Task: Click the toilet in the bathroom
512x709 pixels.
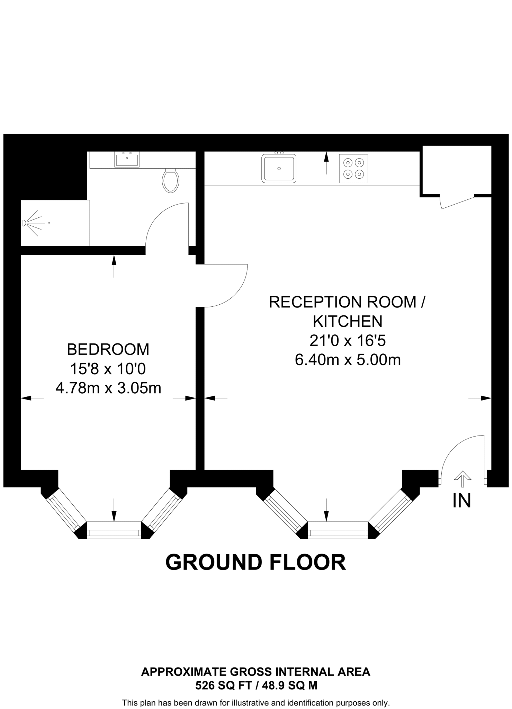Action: click(x=170, y=180)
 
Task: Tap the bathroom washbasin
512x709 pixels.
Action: click(x=127, y=160)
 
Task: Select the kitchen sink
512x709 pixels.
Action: click(x=279, y=169)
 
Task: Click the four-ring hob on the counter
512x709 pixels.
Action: click(x=353, y=168)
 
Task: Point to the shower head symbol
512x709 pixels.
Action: click(x=24, y=223)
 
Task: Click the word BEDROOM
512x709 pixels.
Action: click(x=108, y=349)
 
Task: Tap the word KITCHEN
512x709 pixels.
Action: click(x=348, y=322)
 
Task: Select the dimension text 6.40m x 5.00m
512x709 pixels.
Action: click(x=348, y=360)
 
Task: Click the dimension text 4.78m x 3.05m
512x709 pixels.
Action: click(x=108, y=388)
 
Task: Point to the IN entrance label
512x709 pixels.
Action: click(x=462, y=501)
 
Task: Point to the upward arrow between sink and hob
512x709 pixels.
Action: click(x=326, y=163)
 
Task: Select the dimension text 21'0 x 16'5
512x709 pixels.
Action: click(x=348, y=341)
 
